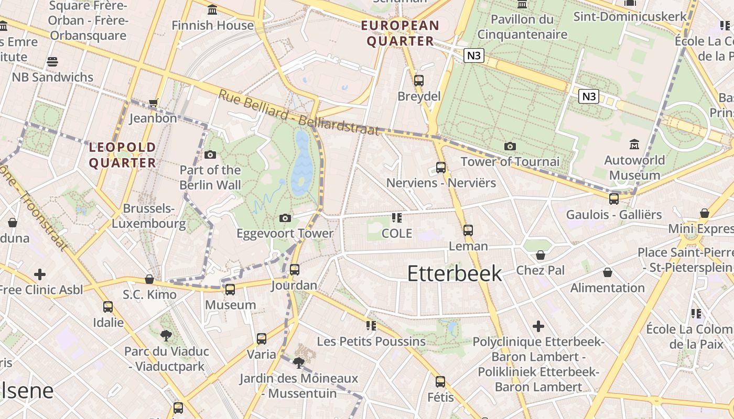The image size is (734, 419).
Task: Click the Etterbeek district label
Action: pos(454,273)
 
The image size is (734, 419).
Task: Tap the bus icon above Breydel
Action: pos(418,80)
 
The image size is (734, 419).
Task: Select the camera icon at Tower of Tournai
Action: pos(510,146)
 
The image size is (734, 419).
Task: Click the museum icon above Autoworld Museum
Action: pos(634,144)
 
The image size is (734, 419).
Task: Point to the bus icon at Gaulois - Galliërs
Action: pos(613,199)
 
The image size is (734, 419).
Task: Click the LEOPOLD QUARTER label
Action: pos(122,155)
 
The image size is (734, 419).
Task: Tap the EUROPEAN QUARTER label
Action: pos(400,33)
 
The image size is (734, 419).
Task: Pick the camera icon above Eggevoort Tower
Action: pos(285,218)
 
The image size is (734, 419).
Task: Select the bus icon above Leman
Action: pos(468,230)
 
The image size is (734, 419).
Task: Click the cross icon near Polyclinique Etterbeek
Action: pos(538,326)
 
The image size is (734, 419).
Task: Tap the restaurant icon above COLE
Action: pos(396,217)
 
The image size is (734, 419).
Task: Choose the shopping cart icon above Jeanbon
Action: pos(153,103)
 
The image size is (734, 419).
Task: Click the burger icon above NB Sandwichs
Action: pos(52,62)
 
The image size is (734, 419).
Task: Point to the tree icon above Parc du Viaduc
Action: pos(166,336)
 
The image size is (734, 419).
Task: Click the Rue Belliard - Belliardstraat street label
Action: pos(298,112)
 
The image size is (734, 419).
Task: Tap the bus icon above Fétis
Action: pos(440,381)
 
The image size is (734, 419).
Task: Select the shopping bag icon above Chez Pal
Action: pos(540,255)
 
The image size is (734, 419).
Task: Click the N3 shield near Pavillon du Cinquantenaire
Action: pos(473,56)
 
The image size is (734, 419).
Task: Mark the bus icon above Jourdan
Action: pos(294,270)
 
